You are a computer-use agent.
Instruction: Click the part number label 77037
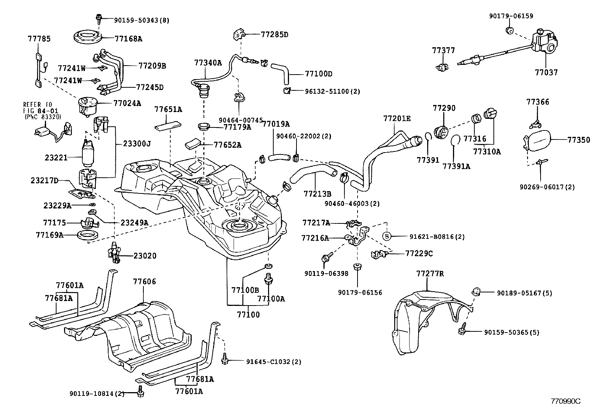click(x=546, y=72)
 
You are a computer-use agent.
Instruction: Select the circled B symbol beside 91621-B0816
click(x=387, y=236)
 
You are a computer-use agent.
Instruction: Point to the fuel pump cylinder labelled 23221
click(x=88, y=154)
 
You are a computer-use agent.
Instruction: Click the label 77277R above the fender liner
click(x=430, y=273)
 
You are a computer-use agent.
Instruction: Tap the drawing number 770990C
click(x=566, y=401)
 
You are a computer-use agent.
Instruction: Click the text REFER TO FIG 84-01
click(x=41, y=108)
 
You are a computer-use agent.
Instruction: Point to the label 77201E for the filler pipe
click(x=397, y=118)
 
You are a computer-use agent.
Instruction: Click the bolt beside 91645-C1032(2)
click(x=225, y=359)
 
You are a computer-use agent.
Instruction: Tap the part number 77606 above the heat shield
click(x=145, y=282)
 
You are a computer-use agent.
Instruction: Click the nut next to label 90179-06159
click(x=510, y=30)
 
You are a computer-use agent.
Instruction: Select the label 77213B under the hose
click(x=317, y=194)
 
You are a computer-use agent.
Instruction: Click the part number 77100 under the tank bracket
click(x=248, y=315)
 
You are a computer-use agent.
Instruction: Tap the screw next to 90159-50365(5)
click(x=462, y=329)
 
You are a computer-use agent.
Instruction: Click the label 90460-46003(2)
click(x=352, y=204)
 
